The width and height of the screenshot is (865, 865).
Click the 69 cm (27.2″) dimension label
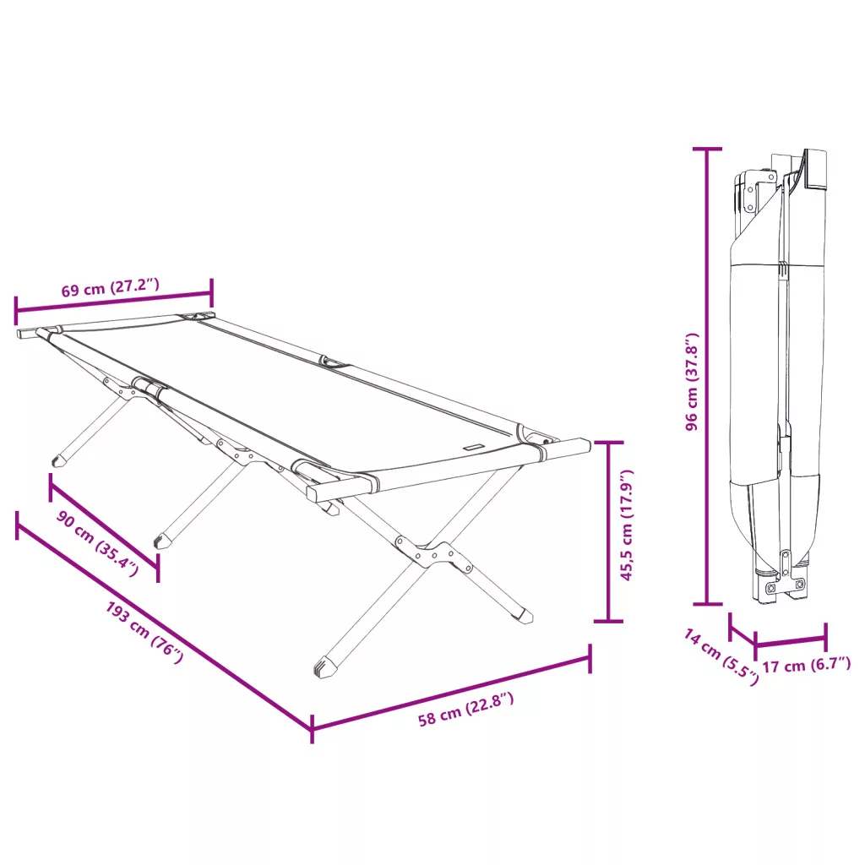coord(111,288)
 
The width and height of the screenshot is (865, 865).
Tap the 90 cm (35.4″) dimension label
coord(97,543)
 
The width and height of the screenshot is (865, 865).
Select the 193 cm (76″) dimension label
coord(144,632)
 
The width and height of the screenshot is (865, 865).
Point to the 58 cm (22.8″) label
coord(466,710)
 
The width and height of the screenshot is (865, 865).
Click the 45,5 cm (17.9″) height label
coord(627,525)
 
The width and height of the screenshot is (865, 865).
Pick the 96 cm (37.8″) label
coord(692,382)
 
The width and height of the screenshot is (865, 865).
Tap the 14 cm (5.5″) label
coord(721,656)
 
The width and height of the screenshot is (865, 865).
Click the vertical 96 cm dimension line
coord(707,376)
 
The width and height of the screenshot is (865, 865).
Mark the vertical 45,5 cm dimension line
coord(608,532)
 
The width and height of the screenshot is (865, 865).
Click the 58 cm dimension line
coord(451,694)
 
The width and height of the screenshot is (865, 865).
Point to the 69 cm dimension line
coord(114,302)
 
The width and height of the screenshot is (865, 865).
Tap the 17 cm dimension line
coord(791,640)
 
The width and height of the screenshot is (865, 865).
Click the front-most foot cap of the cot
coord(325,667)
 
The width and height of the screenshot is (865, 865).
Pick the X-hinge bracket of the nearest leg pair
coord(433,553)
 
